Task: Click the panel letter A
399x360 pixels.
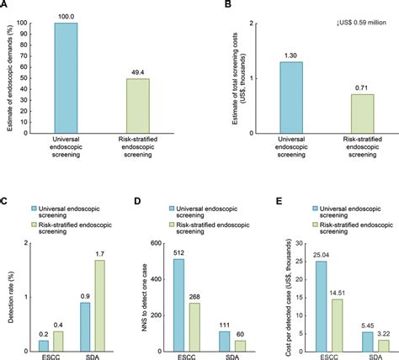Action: click(x=6, y=7)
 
